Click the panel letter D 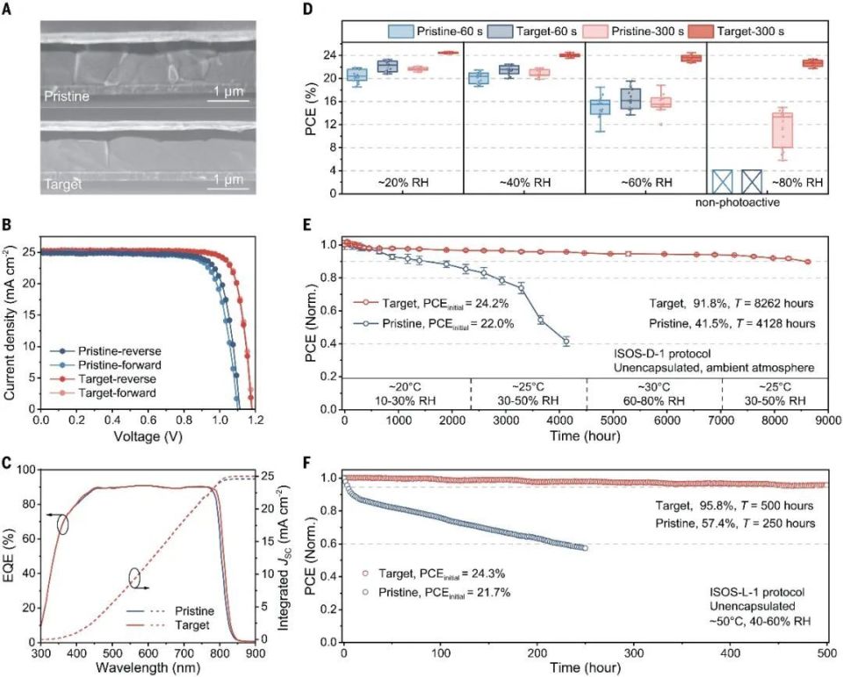(307, 9)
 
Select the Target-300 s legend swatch (701, 32)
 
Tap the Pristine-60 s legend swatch (401, 32)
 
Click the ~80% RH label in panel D (797, 183)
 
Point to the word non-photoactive (737, 203)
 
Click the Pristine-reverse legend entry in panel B (119, 351)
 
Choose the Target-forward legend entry (117, 393)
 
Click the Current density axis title (10, 323)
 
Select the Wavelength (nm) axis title (148, 668)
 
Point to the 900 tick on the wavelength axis (255, 652)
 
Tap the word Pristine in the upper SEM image (67, 97)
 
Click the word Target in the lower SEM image (62, 184)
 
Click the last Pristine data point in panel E (566, 341)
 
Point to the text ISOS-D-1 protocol (662, 354)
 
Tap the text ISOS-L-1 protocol (757, 592)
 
